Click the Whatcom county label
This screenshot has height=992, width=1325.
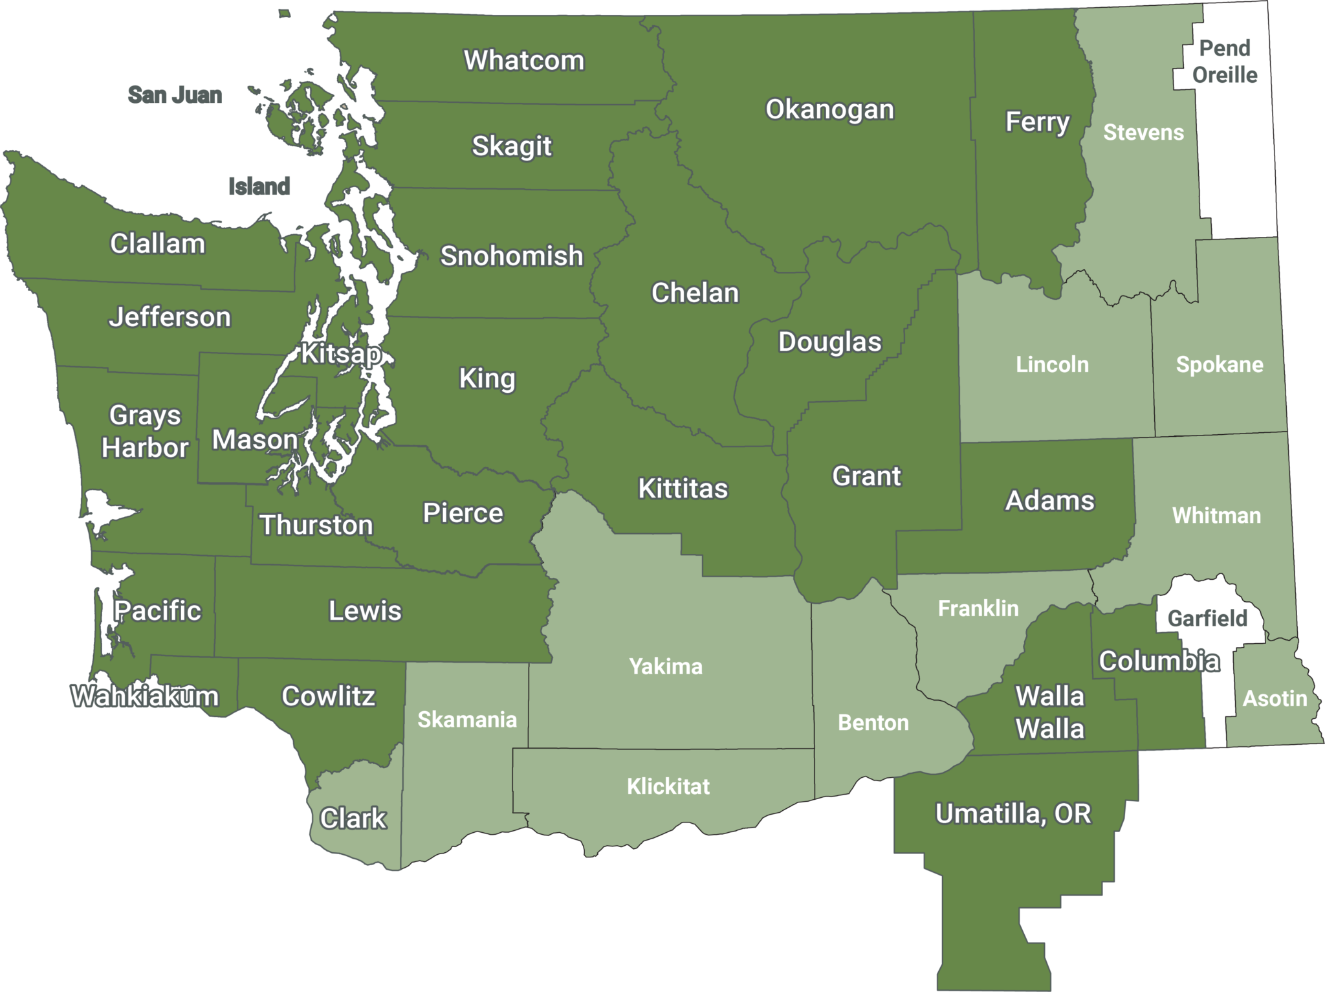click(x=524, y=60)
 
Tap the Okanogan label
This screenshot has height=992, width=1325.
click(x=829, y=109)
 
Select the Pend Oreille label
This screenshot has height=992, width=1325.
click(x=1225, y=61)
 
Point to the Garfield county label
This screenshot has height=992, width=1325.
click(x=1207, y=619)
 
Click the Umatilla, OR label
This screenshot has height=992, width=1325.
click(x=1013, y=814)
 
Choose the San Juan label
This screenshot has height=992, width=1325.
click(x=175, y=95)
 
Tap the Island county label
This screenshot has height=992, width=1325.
click(x=259, y=186)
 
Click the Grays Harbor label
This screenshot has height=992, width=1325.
click(x=145, y=432)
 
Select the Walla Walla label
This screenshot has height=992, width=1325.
click(x=1049, y=712)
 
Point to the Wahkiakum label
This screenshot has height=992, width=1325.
click(x=145, y=697)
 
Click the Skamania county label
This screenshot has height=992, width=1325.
click(x=467, y=720)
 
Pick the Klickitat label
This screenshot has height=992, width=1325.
click(x=668, y=786)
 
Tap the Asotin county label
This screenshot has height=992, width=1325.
click(x=1275, y=698)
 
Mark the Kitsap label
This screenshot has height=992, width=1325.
click(x=341, y=354)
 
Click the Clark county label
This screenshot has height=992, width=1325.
click(x=353, y=819)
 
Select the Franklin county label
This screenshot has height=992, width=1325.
click(x=978, y=608)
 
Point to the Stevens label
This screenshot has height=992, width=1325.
click(x=1143, y=133)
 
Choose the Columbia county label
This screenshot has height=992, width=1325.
click(x=1159, y=661)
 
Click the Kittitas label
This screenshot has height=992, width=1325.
click(x=683, y=489)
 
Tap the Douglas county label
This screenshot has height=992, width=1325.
click(x=829, y=342)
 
